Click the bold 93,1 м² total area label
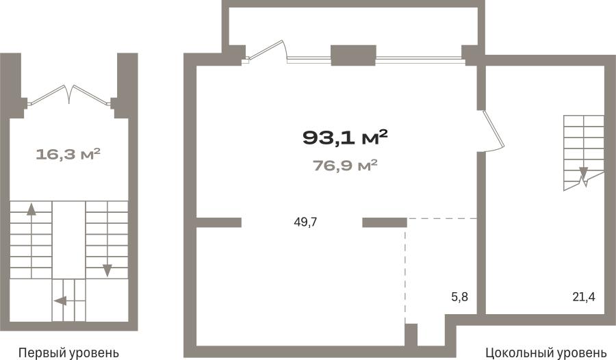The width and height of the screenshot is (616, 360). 345,138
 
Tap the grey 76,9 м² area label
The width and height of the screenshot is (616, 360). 345,166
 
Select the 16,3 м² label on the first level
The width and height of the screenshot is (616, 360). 68,154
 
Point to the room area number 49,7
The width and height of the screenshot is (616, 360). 305,222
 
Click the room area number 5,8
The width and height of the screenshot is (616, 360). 460,297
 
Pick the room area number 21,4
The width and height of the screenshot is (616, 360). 584,297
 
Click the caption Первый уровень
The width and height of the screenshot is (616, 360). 68,352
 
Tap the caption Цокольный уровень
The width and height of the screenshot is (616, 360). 546,352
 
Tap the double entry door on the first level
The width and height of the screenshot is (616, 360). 69,95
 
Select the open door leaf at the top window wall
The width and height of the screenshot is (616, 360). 267,51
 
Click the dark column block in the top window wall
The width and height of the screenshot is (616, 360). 354,55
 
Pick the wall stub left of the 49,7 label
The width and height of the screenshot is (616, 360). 219,222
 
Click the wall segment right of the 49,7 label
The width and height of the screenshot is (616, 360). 384,222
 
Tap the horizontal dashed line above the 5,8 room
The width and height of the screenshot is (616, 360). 442,218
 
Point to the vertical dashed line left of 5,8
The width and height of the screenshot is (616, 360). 405,275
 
